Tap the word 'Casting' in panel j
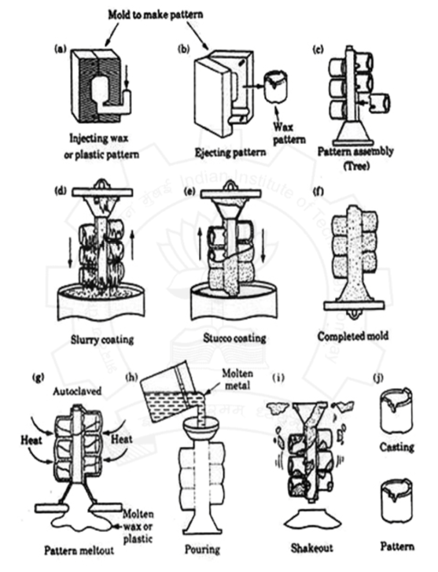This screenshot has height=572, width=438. [399, 446]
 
